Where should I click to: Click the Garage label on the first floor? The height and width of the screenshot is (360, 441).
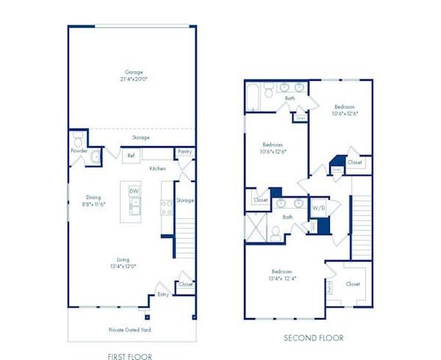tap(135, 72)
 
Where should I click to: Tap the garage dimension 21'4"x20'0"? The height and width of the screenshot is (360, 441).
tap(135, 79)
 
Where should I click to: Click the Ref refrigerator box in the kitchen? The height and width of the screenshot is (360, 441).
tap(131, 156)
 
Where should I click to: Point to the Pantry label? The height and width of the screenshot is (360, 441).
tap(185, 152)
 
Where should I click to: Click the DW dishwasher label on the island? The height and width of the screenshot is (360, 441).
tap(133, 191)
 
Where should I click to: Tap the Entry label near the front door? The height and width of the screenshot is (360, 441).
tap(162, 295)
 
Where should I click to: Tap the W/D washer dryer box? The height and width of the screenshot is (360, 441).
tap(318, 207)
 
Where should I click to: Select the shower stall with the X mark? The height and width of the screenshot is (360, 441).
tap(257, 226)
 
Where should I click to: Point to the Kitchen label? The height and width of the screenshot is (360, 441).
tap(157, 168)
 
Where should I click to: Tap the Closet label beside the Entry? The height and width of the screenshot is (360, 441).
tap(185, 285)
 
